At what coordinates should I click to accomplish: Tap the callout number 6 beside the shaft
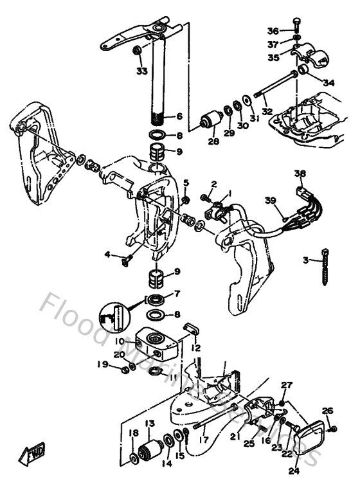click(x=179, y=116)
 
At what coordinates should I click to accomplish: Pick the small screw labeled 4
click(x=125, y=259)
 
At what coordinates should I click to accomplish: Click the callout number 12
click(x=196, y=348)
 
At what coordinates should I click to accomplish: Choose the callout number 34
click(x=328, y=82)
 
